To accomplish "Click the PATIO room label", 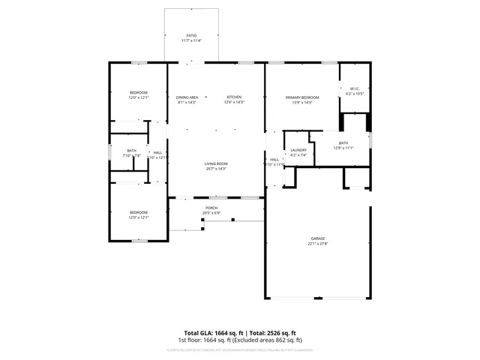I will pos(191,35).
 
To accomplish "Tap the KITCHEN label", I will pos(234,97).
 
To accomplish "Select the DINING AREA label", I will pos(187,97).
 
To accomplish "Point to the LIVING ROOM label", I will pos(216,163).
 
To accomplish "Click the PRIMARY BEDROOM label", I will pos(302,97).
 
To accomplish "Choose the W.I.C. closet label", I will pos(355,89).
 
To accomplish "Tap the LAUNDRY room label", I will pos(298,151).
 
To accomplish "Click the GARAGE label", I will pos(318,238).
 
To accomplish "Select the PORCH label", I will pos(211,208).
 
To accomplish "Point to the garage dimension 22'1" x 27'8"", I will pos(318,244).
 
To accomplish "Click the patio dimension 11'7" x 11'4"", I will pos(191,40).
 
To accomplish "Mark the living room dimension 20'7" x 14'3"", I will pos(216,169).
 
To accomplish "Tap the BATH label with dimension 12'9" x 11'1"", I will pos(343,142).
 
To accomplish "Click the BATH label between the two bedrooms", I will pos(132,151).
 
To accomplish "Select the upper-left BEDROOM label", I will pos(138,92).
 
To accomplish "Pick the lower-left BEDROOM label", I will pos(138,212).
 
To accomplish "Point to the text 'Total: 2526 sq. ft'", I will pos(273,333).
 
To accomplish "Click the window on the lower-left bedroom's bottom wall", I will pos(139,241).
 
